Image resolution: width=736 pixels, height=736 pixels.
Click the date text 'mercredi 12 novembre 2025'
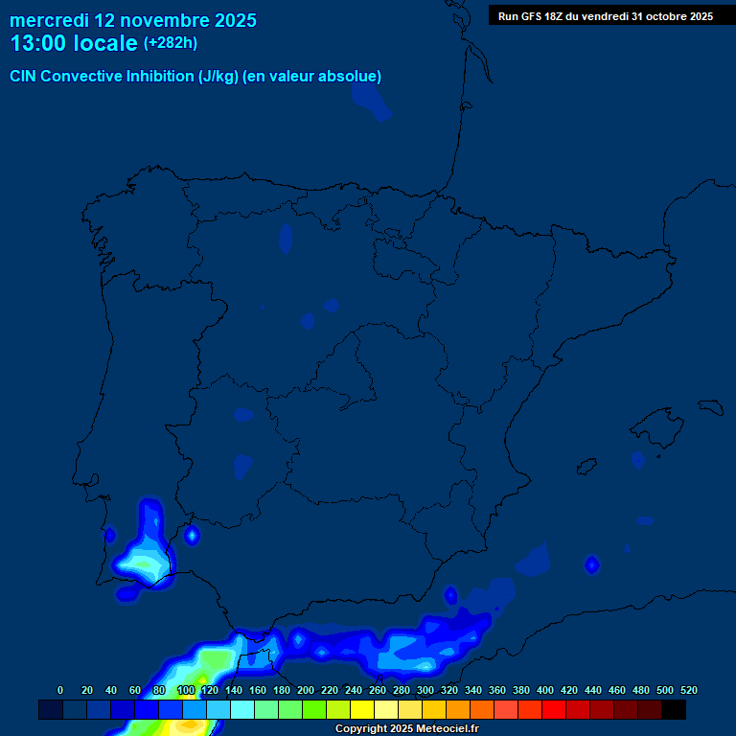point(132,20)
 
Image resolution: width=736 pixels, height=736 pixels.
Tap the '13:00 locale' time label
point(74,43)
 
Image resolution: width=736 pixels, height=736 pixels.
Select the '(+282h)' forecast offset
point(171,43)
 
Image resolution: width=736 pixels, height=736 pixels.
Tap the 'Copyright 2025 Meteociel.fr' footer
point(406,729)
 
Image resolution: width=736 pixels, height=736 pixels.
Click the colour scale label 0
point(60,690)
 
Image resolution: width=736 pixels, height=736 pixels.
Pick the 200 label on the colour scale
point(306,690)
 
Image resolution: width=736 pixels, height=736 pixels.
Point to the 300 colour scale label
point(425,690)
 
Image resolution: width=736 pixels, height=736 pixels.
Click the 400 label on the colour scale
point(545,690)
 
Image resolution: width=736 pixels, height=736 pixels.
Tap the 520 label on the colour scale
point(688,690)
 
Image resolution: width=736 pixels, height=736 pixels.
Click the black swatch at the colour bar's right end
point(674,709)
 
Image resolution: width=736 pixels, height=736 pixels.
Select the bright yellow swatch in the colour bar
point(362,709)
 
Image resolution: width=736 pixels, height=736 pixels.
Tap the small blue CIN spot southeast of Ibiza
point(592,565)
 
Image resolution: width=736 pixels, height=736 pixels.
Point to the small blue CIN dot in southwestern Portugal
point(110,535)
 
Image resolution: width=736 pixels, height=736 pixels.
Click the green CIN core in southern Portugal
point(144,565)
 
